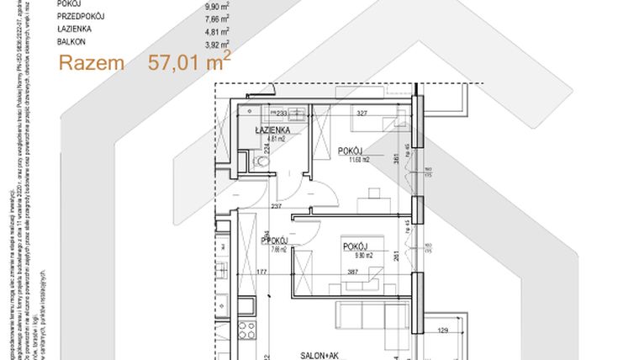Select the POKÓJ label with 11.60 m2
point(352,151)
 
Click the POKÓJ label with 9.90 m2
point(356,246)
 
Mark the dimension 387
point(354,273)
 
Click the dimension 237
point(275,206)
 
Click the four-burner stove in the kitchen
point(246,329)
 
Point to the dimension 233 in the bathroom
point(282,114)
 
